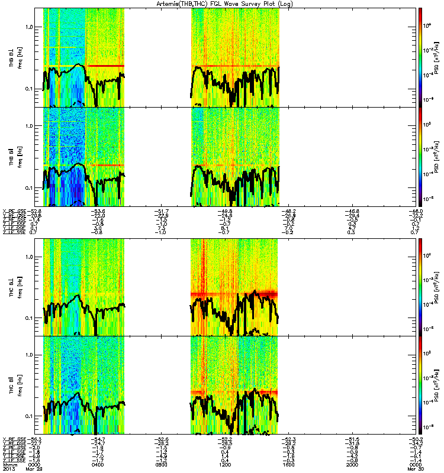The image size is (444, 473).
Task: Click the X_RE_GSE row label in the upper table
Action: pos(13,209)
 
